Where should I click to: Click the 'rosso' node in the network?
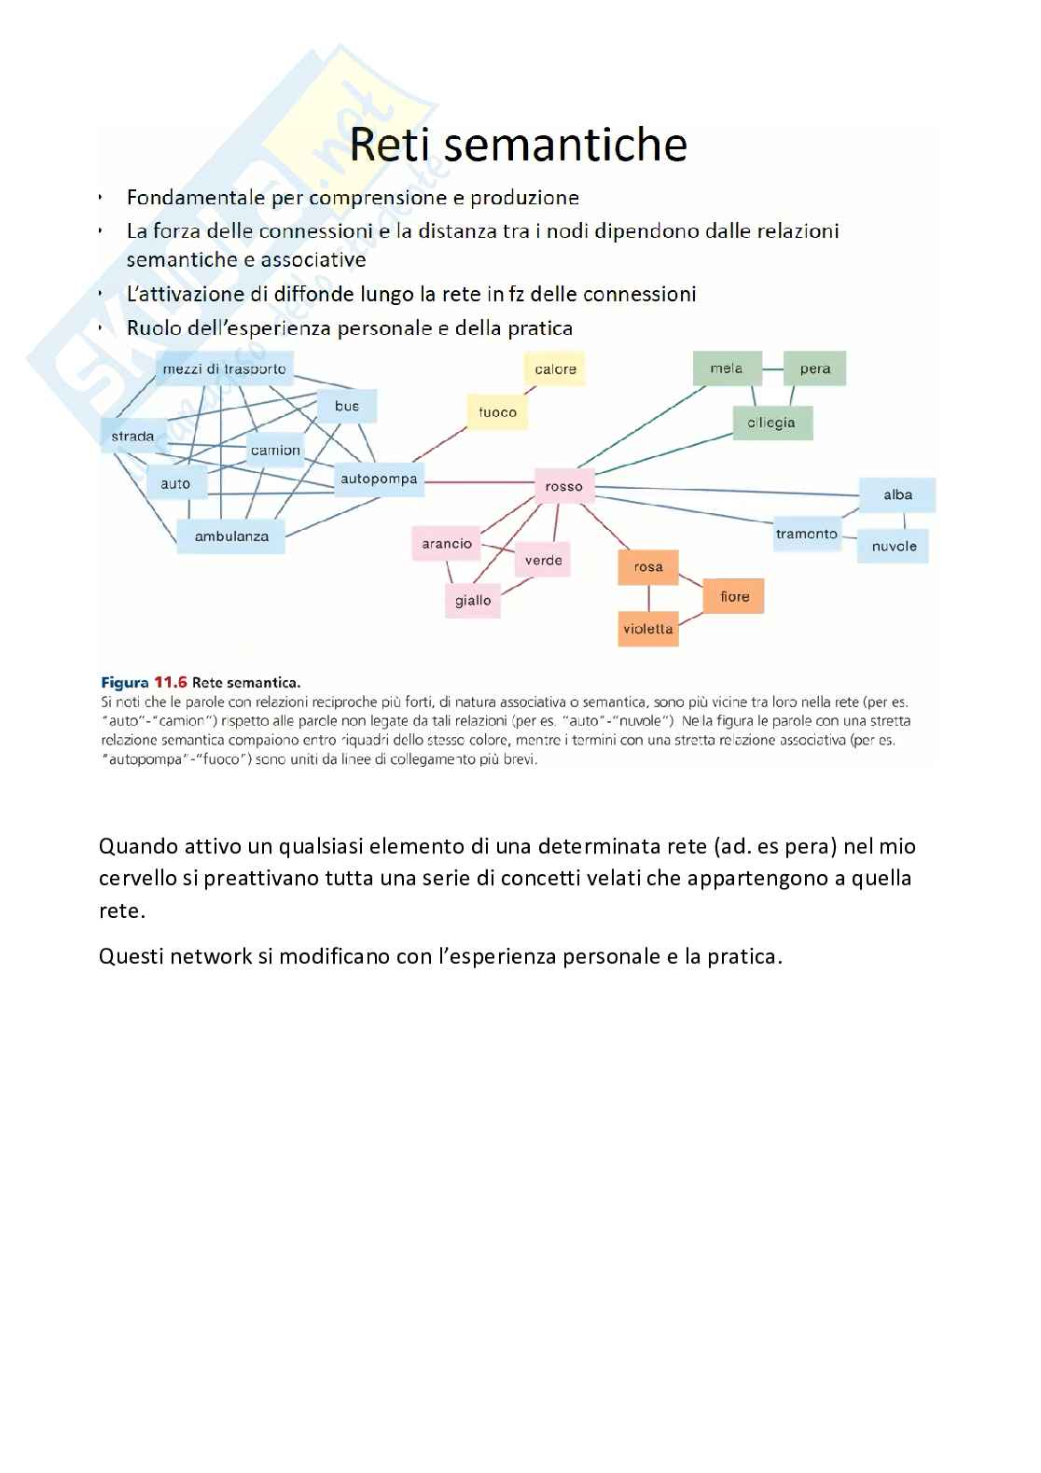tap(563, 486)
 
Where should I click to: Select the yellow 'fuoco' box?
tap(497, 412)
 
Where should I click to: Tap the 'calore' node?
tap(555, 369)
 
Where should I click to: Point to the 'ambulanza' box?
tap(231, 536)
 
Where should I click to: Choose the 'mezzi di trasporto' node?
tap(224, 369)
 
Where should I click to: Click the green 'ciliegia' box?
tap(771, 423)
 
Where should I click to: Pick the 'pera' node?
tap(814, 368)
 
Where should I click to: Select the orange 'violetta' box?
tap(648, 629)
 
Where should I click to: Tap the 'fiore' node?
tap(734, 596)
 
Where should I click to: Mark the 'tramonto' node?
tap(807, 535)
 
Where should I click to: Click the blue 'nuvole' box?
tap(894, 547)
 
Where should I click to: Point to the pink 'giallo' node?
tap(473, 601)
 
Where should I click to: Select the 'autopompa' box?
tap(378, 479)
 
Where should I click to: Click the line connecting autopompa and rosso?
tap(479, 482)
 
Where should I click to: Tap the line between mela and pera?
tap(773, 368)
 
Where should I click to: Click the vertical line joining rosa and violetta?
tap(648, 598)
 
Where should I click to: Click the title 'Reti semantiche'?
tap(519, 145)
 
